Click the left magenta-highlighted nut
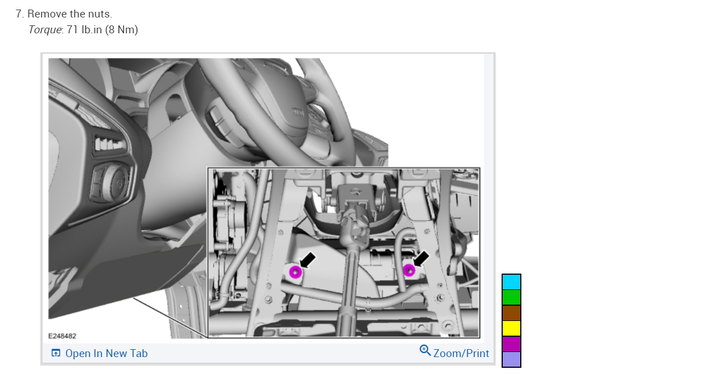coord(295,272)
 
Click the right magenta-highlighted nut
coord(409,270)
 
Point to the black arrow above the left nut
coord(307,260)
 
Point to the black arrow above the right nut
coord(421,259)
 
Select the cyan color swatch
coord(511,282)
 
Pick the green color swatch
coord(511,297)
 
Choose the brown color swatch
coord(511,313)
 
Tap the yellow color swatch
coord(511,328)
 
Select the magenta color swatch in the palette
coord(511,344)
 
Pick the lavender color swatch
coord(511,359)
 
